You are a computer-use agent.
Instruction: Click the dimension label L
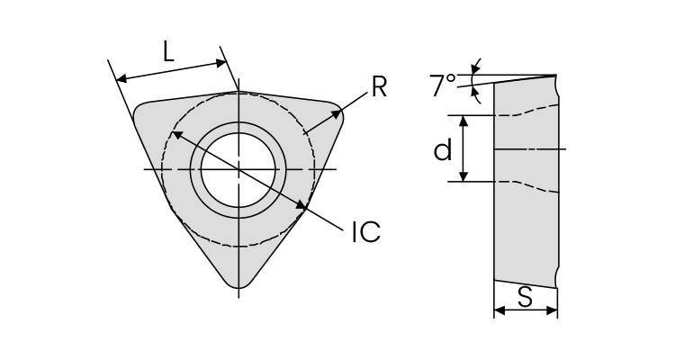click(x=168, y=52)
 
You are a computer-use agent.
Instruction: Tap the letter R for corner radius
click(x=378, y=87)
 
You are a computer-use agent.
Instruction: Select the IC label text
click(x=364, y=232)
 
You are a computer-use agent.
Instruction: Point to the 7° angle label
click(x=442, y=86)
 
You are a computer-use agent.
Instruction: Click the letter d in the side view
click(x=442, y=150)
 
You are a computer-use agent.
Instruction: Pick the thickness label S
click(x=525, y=296)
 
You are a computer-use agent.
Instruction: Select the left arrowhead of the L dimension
click(x=121, y=79)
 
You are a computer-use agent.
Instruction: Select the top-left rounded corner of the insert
click(x=141, y=112)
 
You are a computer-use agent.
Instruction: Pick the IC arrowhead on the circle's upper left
click(x=175, y=134)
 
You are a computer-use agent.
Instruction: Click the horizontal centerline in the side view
click(x=531, y=148)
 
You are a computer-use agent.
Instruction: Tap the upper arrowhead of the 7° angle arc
click(x=476, y=66)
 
